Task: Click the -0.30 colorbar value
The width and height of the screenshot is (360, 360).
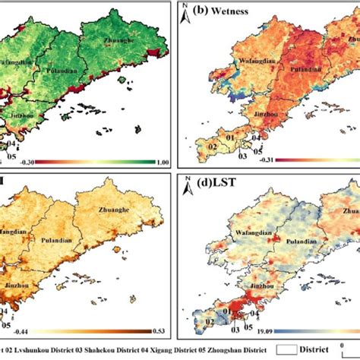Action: coord(9,162)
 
